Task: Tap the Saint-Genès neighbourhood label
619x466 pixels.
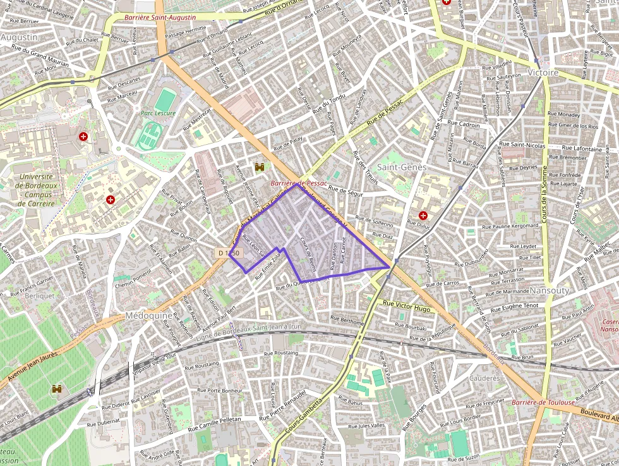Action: click(402, 167)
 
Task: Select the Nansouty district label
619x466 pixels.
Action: click(550, 290)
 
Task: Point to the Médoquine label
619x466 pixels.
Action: click(149, 316)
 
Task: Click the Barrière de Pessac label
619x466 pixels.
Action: click(296, 183)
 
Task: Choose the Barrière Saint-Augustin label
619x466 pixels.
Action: click(160, 18)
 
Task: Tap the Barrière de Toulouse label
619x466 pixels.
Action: click(543, 402)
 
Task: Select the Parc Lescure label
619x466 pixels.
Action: click(158, 113)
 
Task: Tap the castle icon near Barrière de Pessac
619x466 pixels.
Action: click(258, 168)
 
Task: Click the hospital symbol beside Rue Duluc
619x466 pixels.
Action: click(423, 216)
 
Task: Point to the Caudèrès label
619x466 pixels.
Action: click(485, 378)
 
